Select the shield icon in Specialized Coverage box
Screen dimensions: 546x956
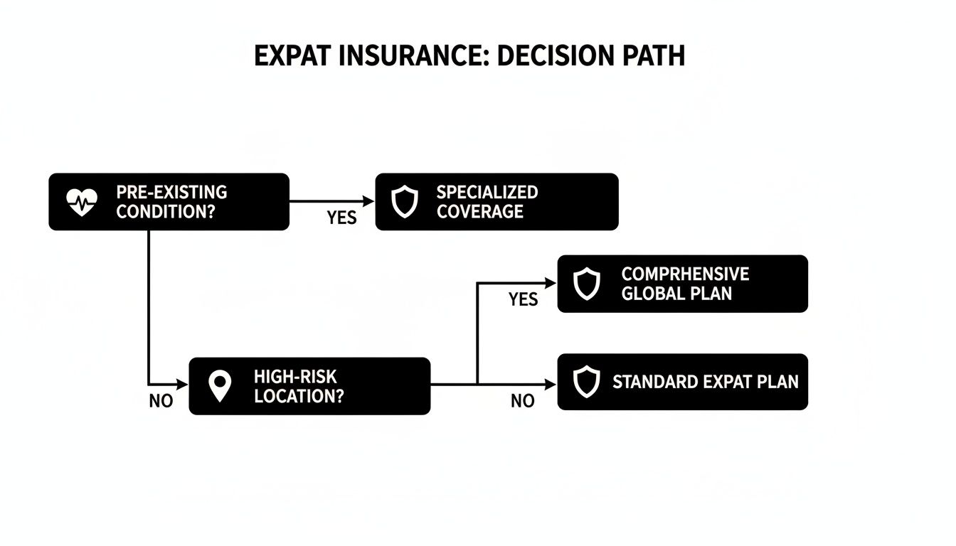pyautogui.click(x=405, y=202)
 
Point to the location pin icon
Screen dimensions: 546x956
pyautogui.click(x=220, y=386)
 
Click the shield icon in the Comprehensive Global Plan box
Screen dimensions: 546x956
pyautogui.click(x=586, y=284)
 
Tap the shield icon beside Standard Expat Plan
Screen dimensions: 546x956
pyautogui.click(x=586, y=382)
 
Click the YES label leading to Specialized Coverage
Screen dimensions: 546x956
pyautogui.click(x=341, y=218)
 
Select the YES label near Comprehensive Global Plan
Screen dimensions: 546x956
pyautogui.click(x=524, y=299)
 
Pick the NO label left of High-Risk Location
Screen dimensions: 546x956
pyautogui.click(x=161, y=401)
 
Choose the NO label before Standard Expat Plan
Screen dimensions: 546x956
pyautogui.click(x=523, y=401)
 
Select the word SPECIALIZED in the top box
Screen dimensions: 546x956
pyautogui.click(x=487, y=192)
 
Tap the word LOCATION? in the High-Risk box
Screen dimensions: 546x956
pyautogui.click(x=298, y=396)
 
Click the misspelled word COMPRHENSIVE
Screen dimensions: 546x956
pyautogui.click(x=685, y=274)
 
